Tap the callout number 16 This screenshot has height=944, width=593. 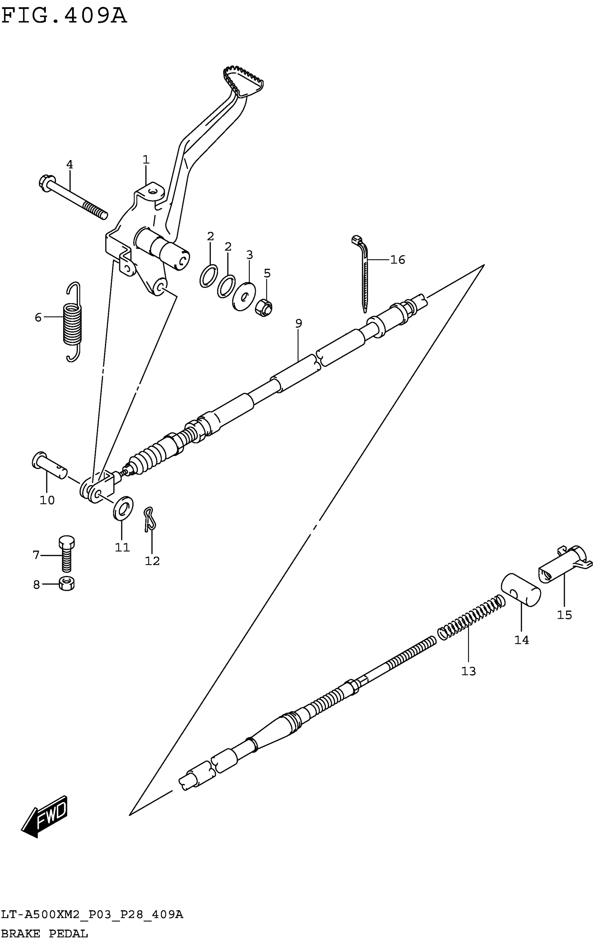click(x=397, y=259)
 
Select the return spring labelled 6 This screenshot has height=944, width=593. click(x=73, y=322)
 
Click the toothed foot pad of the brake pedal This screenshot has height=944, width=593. click(x=243, y=81)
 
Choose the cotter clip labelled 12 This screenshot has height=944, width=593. click(x=149, y=520)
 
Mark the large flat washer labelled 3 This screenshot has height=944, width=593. click(x=244, y=296)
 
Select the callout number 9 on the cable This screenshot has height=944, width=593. click(x=299, y=323)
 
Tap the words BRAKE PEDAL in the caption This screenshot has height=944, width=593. click(x=44, y=934)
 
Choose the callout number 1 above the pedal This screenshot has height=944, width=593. click(x=146, y=160)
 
